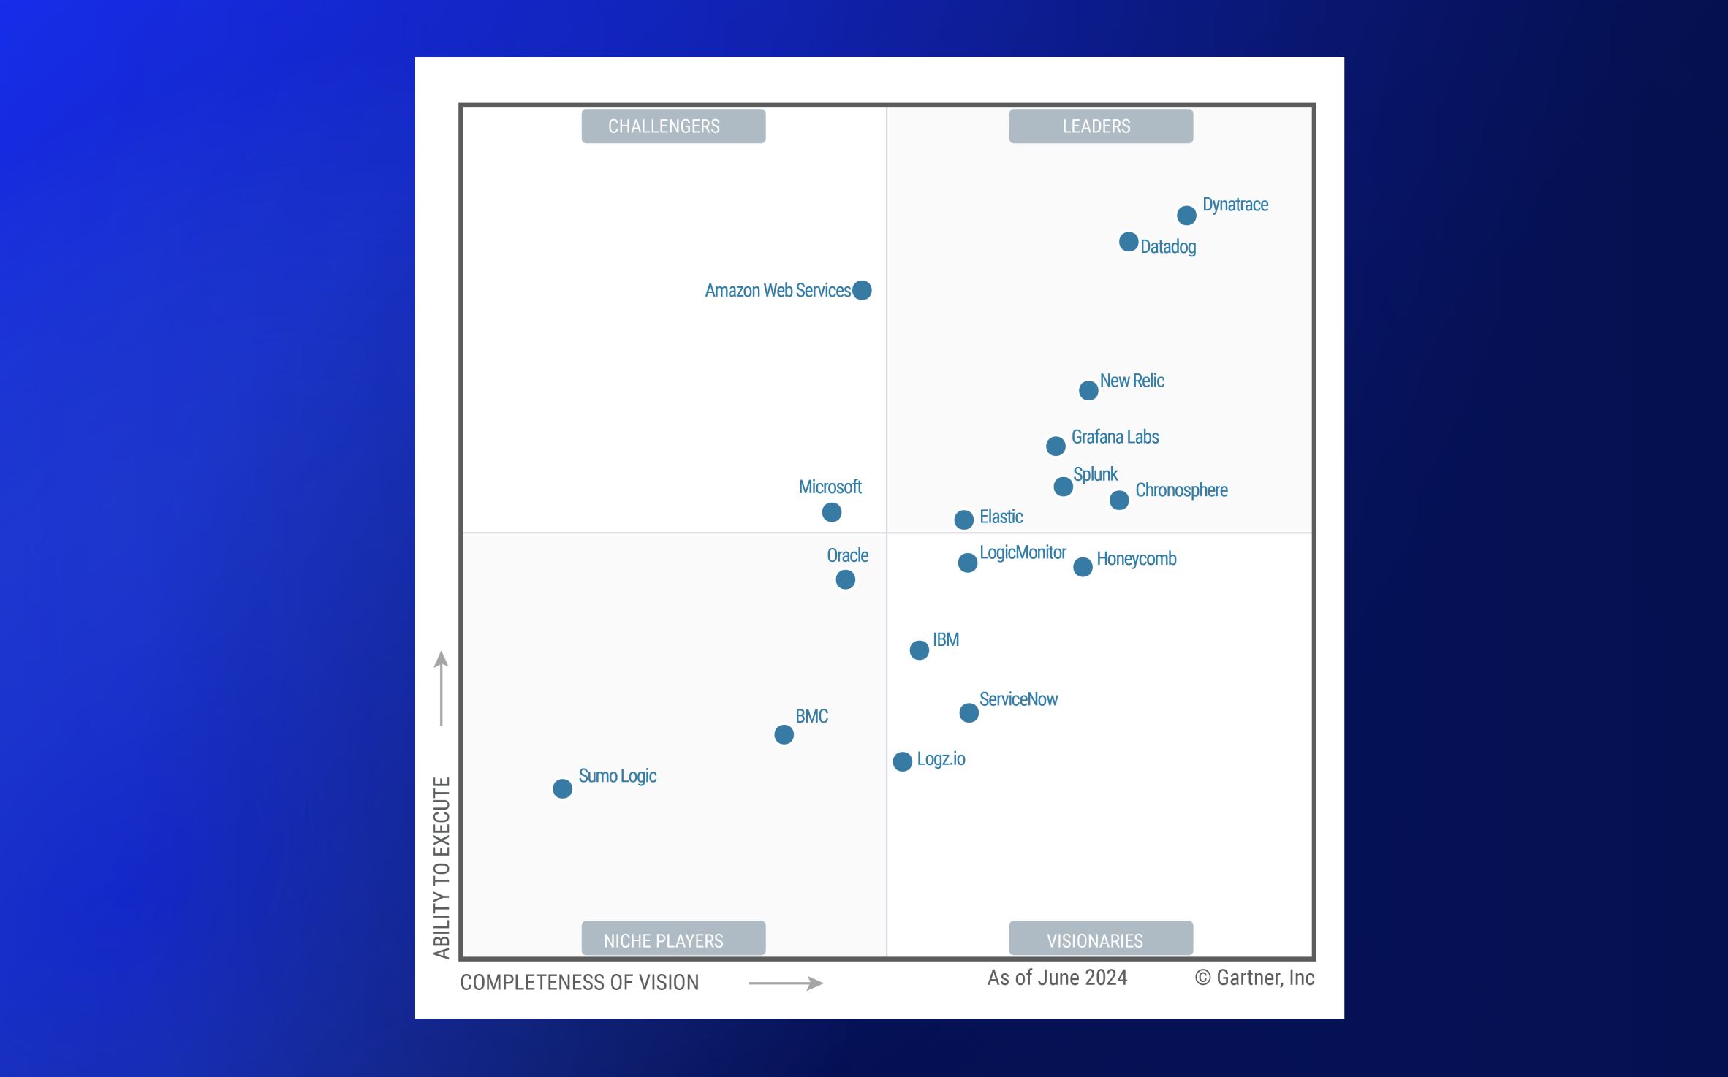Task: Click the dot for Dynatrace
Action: pyautogui.click(x=1186, y=216)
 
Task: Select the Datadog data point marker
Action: pyautogui.click(x=1129, y=242)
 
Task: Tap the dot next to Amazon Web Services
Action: pyautogui.click(x=863, y=290)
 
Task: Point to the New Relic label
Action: pyautogui.click(x=1132, y=381)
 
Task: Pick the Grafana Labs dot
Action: pyautogui.click(x=1056, y=446)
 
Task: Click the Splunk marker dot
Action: pyautogui.click(x=1064, y=487)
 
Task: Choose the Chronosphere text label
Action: pyautogui.click(x=1181, y=490)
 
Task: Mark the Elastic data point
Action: pyautogui.click(x=964, y=520)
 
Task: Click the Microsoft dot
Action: pyautogui.click(x=832, y=512)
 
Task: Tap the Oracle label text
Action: pyautogui.click(x=847, y=555)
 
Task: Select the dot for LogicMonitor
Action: pyautogui.click(x=968, y=563)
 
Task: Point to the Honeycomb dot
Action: pyautogui.click(x=1083, y=567)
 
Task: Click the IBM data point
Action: pyautogui.click(x=920, y=650)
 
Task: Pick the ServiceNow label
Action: pyautogui.click(x=1018, y=699)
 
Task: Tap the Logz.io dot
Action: pyautogui.click(x=903, y=761)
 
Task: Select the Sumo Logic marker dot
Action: pyautogui.click(x=562, y=789)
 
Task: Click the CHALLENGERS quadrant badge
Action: pyautogui.click(x=673, y=126)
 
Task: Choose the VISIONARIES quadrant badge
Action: pyautogui.click(x=1101, y=940)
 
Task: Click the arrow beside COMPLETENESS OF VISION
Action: pyautogui.click(x=786, y=983)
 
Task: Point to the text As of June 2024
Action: pyautogui.click(x=1057, y=978)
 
